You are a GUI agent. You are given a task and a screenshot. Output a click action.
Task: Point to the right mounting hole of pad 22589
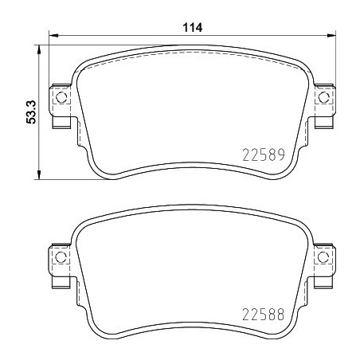point(323,99)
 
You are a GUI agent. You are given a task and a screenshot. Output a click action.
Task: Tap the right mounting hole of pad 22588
point(323,257)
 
